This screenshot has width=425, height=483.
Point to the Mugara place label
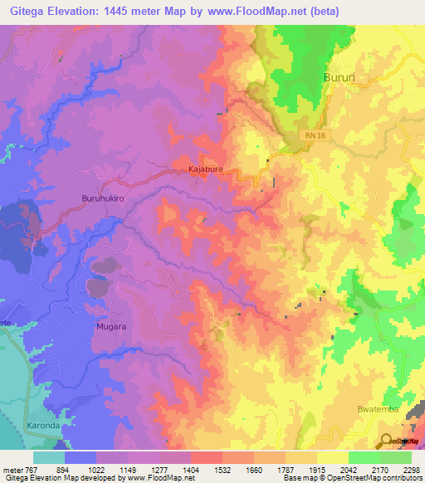pyautogui.click(x=108, y=327)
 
